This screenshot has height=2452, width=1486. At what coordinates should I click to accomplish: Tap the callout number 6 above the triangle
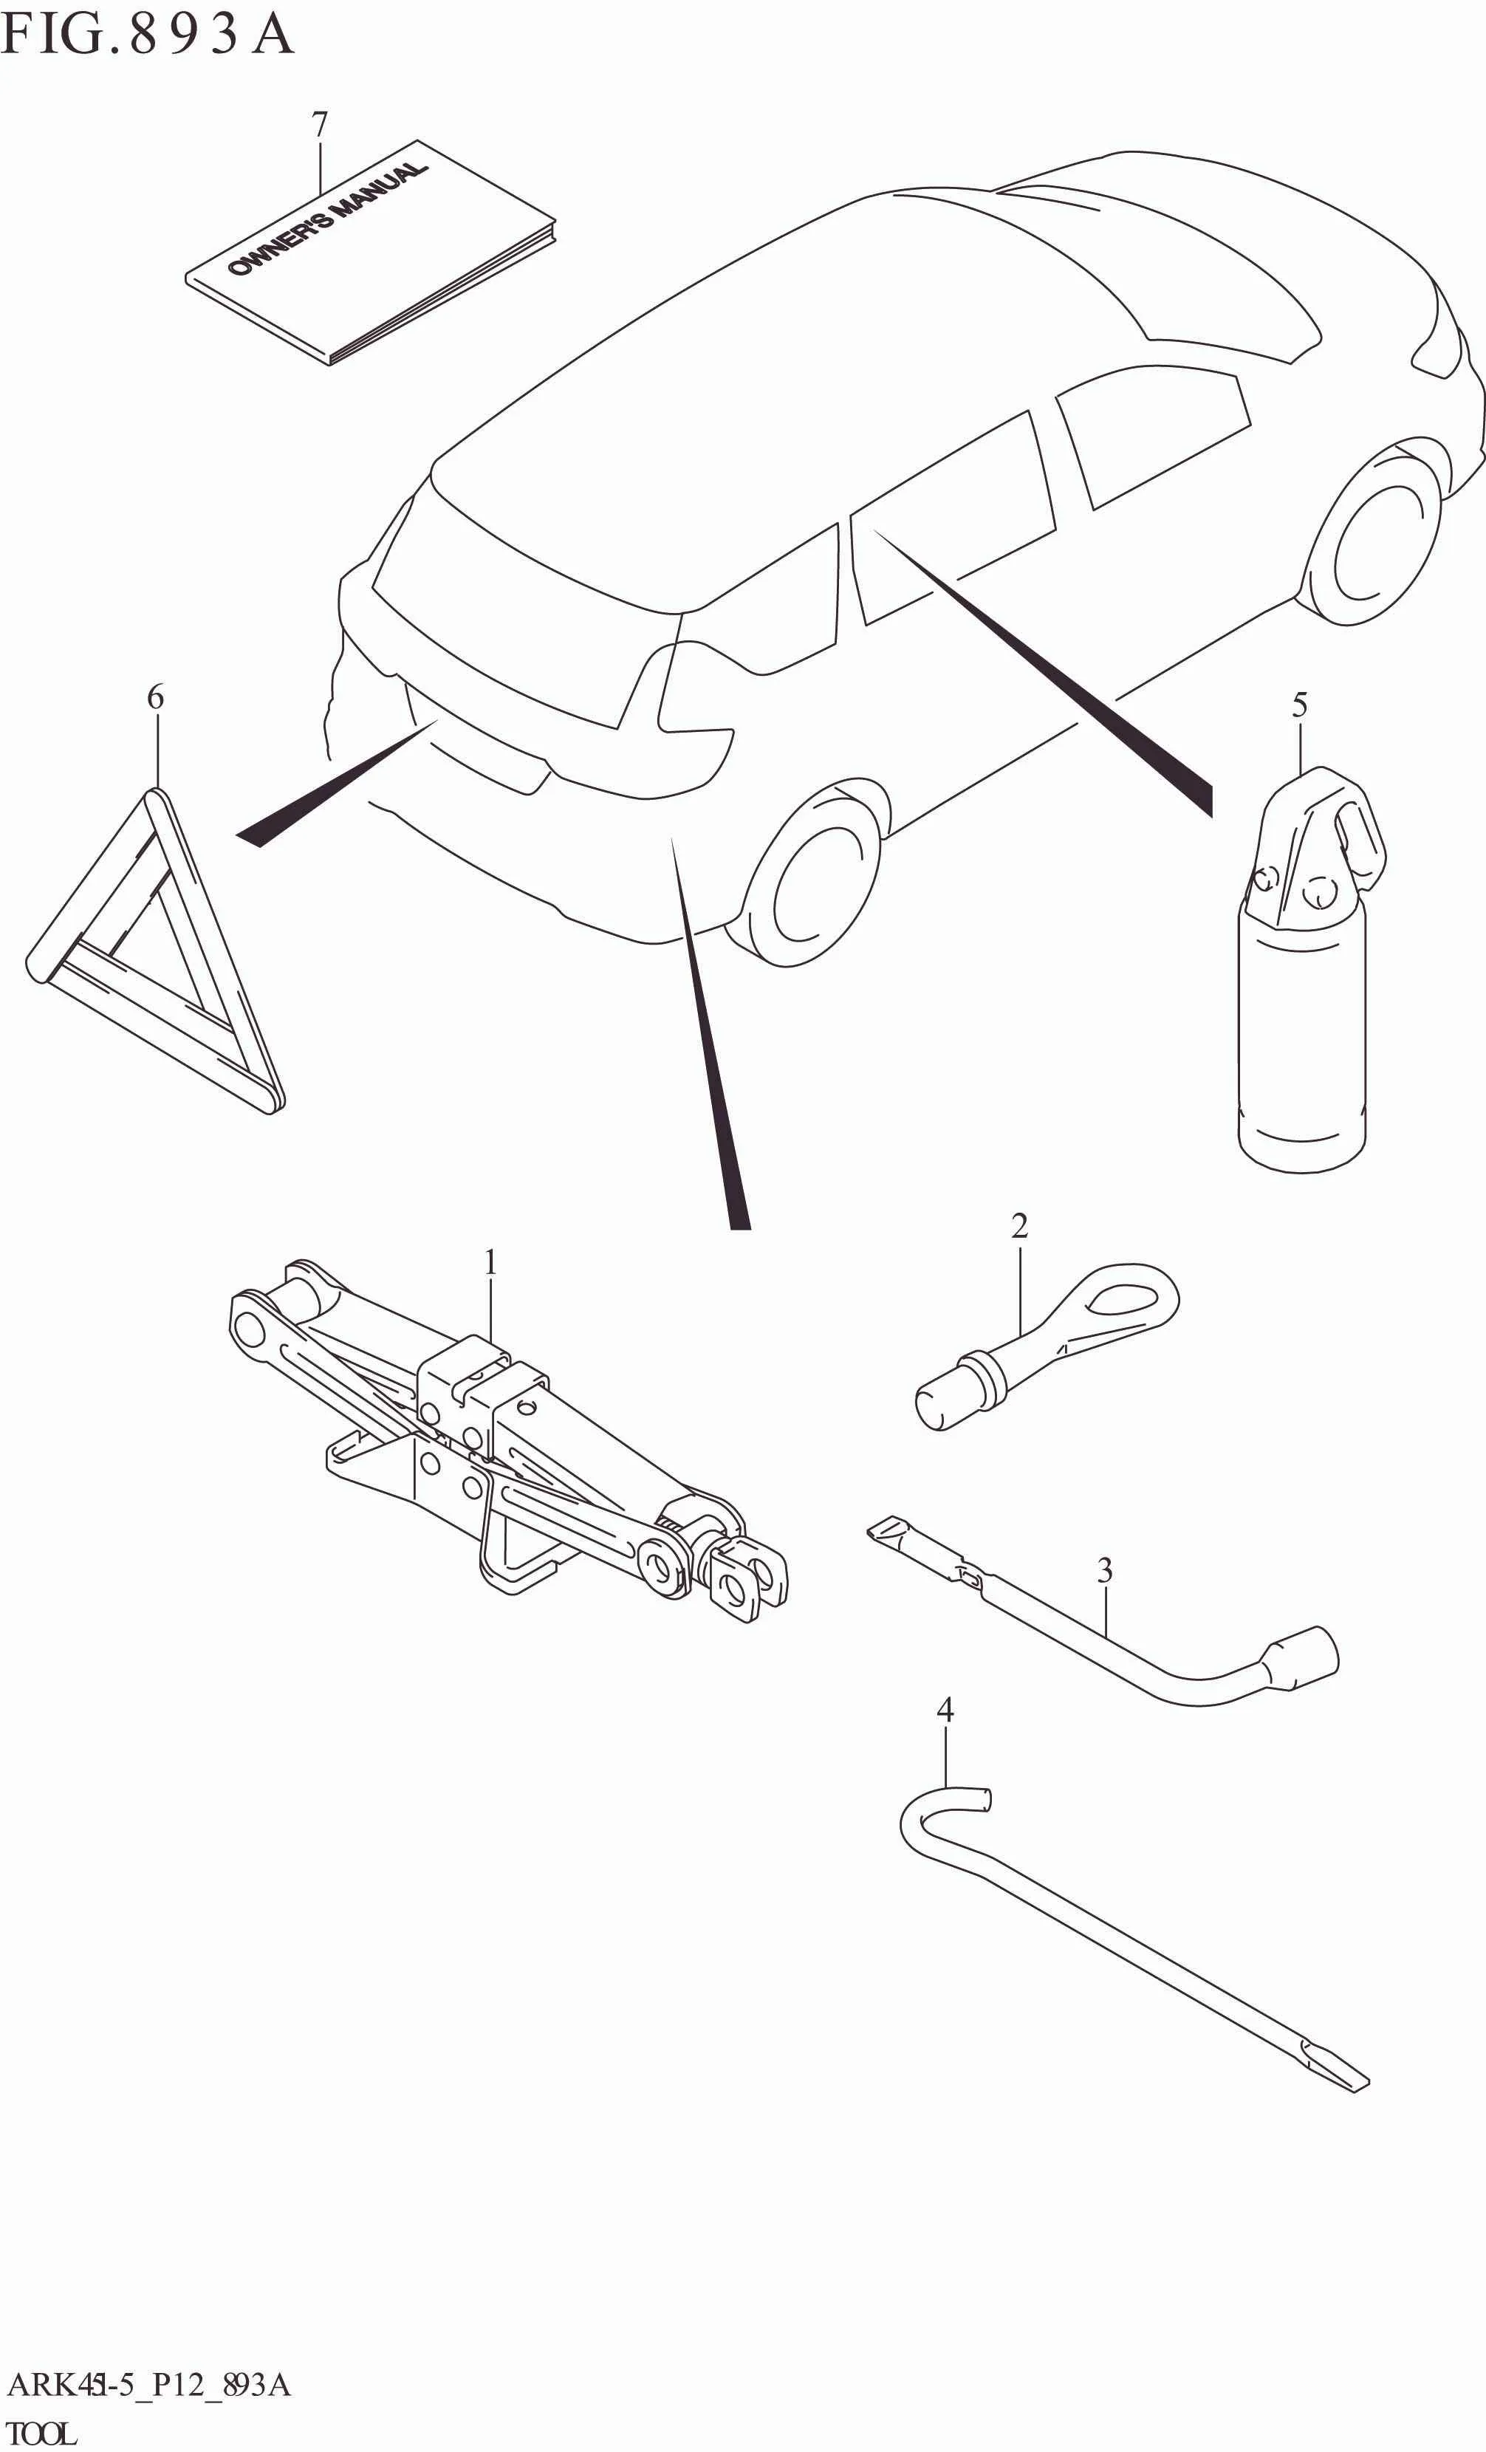pyautogui.click(x=155, y=698)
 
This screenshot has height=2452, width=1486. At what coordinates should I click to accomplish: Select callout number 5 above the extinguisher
pyautogui.click(x=1299, y=705)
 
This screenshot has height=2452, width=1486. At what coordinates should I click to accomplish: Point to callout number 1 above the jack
pyautogui.click(x=490, y=1263)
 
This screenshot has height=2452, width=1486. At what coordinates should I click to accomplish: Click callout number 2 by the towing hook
pyautogui.click(x=1019, y=1226)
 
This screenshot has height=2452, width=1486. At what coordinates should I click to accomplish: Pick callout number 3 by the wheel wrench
pyautogui.click(x=1105, y=1570)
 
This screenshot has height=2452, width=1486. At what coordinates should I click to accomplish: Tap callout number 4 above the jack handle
pyautogui.click(x=945, y=1710)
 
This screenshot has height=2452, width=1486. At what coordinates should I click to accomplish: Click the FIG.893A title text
pyautogui.click(x=147, y=34)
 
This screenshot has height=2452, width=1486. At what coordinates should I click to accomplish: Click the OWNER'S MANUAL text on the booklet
pyautogui.click(x=329, y=218)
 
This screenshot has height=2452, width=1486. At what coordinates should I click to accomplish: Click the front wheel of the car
pyautogui.click(x=1378, y=542)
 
